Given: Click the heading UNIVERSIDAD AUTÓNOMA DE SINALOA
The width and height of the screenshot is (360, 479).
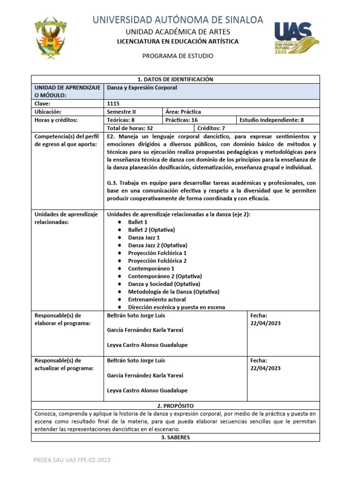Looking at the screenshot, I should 178,20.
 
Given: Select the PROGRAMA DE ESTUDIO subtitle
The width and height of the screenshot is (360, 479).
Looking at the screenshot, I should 178,56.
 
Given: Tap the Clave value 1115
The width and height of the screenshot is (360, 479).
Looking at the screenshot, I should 113,103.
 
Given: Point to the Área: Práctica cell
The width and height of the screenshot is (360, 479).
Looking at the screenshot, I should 183,112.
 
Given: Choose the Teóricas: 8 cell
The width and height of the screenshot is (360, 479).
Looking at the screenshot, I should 121,120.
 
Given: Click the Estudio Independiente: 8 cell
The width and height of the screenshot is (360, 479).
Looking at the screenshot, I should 271,120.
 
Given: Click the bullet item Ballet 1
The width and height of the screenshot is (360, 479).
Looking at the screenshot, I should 138,222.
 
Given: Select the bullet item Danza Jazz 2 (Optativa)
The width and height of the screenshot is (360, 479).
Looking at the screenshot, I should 157,245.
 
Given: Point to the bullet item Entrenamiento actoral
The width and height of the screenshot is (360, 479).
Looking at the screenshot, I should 157,299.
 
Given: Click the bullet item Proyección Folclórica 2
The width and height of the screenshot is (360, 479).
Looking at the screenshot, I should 157,261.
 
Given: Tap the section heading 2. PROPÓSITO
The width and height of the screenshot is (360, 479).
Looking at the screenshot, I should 175,406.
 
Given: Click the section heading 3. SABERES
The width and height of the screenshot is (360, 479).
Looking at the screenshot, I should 175,437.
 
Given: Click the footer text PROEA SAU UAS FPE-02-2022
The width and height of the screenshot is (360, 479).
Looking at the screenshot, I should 72,460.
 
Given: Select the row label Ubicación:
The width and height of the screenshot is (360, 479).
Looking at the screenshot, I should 48,112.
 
